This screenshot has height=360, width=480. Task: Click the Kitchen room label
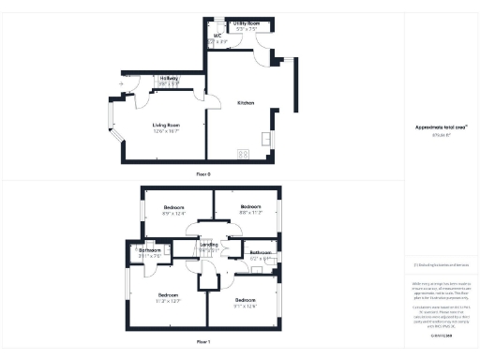tap(247, 102)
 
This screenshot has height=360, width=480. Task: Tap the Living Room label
tap(167, 124)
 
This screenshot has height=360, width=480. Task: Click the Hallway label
tap(169, 77)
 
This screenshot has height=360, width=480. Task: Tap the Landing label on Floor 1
tap(209, 244)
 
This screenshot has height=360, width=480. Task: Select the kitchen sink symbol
tap(267, 141)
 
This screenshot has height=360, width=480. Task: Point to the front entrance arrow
tap(122, 85)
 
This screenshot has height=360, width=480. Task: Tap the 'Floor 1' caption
tap(203, 342)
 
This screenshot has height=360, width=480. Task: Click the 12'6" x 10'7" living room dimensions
tap(167, 130)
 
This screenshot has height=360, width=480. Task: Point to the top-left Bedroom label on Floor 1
tap(174, 207)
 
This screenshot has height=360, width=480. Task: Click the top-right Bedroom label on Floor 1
tap(249, 206)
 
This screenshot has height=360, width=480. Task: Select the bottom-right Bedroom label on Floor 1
tap(245, 300)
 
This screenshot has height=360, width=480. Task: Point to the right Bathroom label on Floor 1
tap(261, 253)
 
